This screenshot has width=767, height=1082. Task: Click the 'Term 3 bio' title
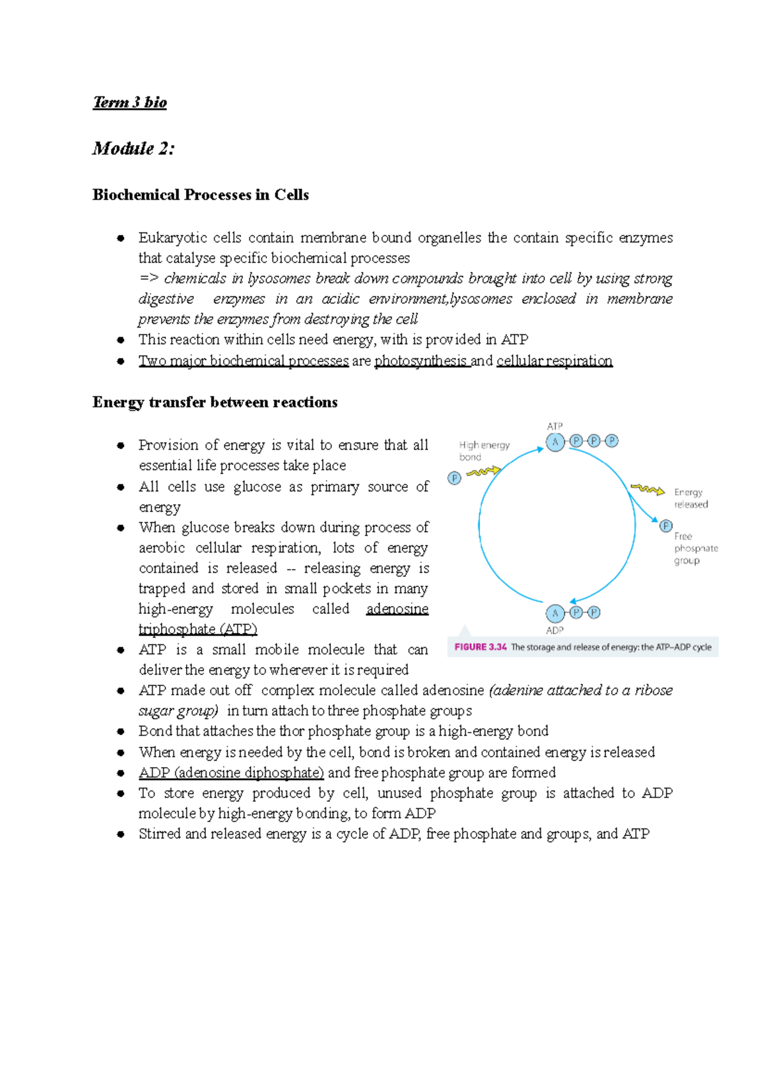(130, 102)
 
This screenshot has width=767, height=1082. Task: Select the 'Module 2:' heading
(133, 149)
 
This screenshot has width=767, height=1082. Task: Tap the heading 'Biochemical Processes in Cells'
(200, 195)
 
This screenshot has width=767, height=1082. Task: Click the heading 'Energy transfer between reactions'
(215, 402)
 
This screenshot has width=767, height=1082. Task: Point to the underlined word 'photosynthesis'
(421, 361)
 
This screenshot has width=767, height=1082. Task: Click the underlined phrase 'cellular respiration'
(554, 361)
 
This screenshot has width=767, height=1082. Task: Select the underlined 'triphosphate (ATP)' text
(198, 629)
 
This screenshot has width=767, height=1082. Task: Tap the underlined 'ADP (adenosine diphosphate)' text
(231, 773)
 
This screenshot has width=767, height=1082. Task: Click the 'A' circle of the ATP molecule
(555, 441)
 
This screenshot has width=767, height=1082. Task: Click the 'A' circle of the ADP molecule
(555, 613)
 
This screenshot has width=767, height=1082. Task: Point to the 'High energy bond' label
(484, 451)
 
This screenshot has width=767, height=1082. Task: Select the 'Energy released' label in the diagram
(690, 498)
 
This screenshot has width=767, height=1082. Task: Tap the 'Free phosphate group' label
(695, 548)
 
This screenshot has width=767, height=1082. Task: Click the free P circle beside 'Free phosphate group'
(666, 526)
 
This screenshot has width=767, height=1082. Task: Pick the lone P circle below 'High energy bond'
(454, 478)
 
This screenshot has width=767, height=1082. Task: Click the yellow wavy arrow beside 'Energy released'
(647, 490)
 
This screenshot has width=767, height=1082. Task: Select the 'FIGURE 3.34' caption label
(481, 647)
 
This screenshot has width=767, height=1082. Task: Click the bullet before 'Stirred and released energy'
(120, 834)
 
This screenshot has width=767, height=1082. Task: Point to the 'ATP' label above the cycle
(554, 426)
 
